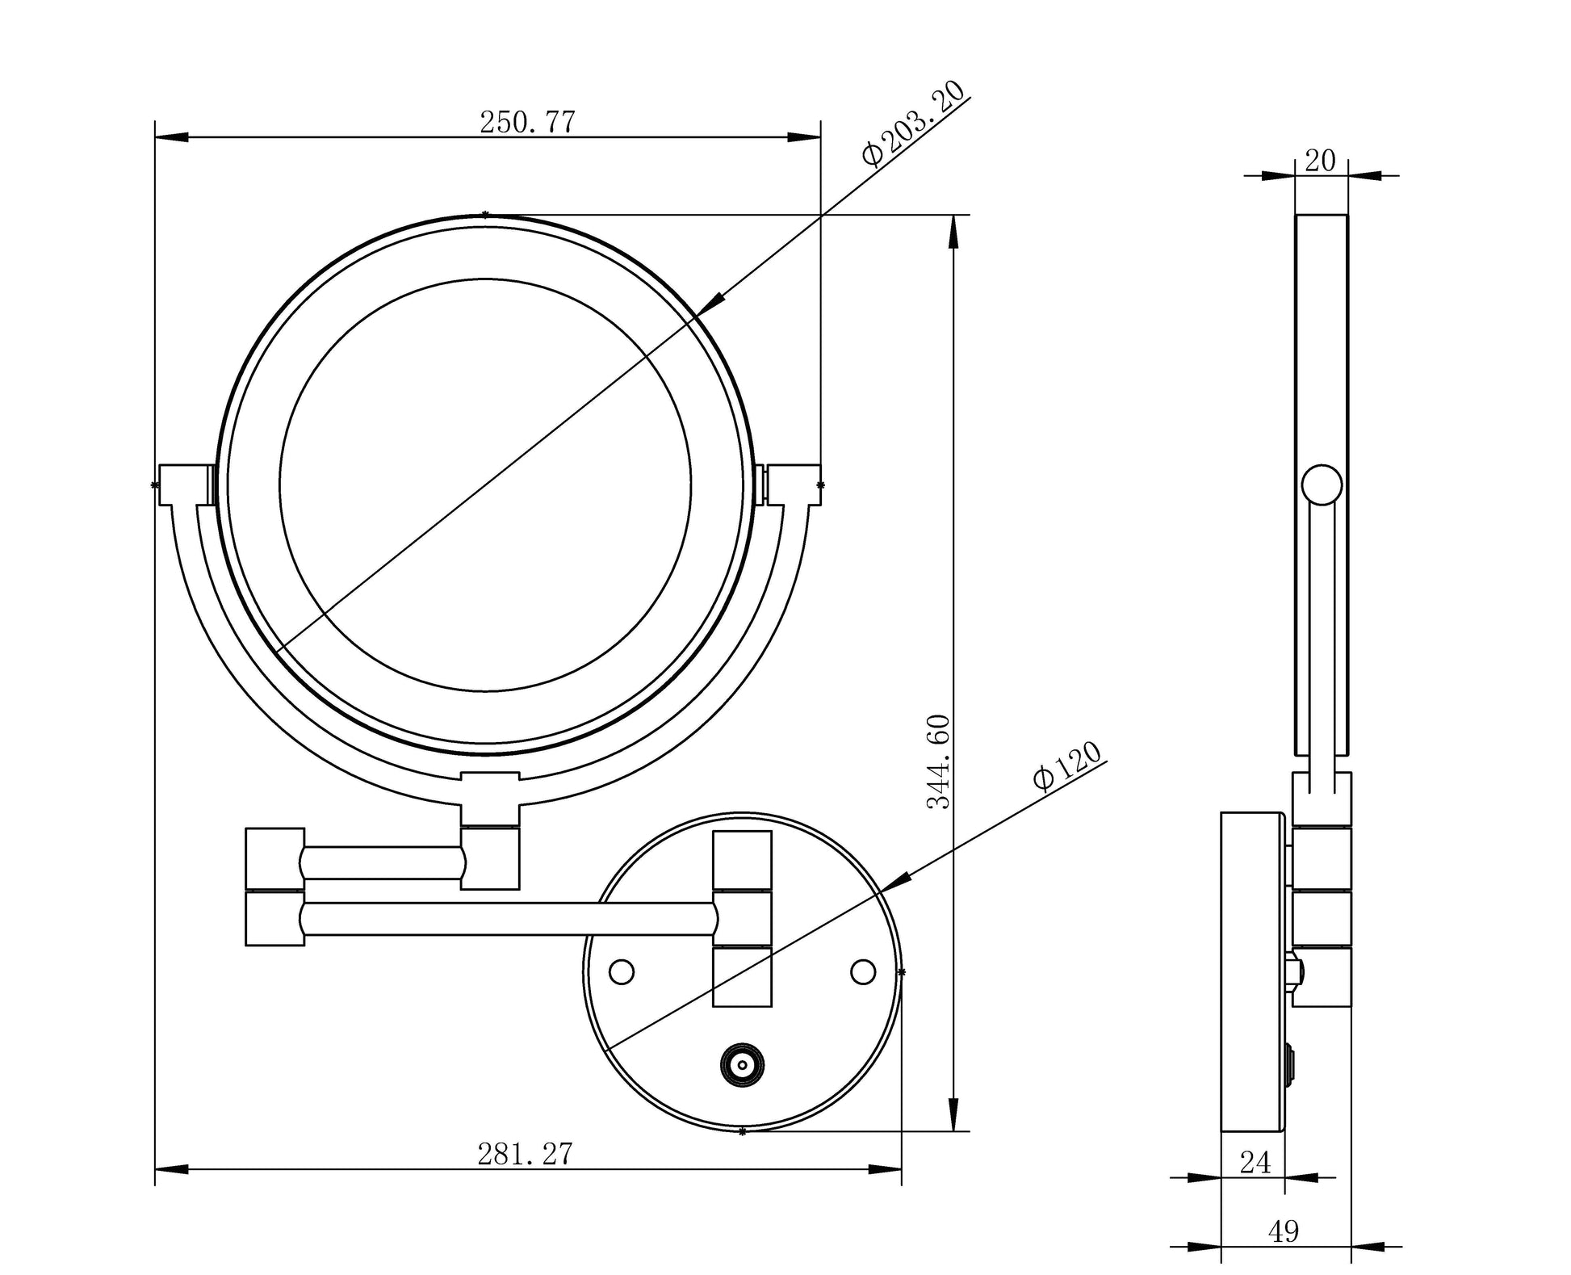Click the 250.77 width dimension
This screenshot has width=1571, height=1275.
point(527,123)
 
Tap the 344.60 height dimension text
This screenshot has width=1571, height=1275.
point(939,761)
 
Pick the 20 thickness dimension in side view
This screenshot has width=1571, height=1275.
point(1321,161)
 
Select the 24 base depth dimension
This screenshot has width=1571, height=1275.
point(1255,1164)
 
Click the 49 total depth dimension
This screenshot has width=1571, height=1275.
point(1284,1232)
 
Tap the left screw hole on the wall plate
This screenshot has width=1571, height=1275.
point(622,971)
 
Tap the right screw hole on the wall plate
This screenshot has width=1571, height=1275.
point(863,971)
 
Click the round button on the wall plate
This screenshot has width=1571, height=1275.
point(742,1066)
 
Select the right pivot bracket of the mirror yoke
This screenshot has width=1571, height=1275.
point(791,484)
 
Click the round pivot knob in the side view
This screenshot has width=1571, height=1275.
point(1322,485)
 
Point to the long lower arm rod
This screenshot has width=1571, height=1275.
point(509,919)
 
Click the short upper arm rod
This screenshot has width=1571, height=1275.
point(383,862)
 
